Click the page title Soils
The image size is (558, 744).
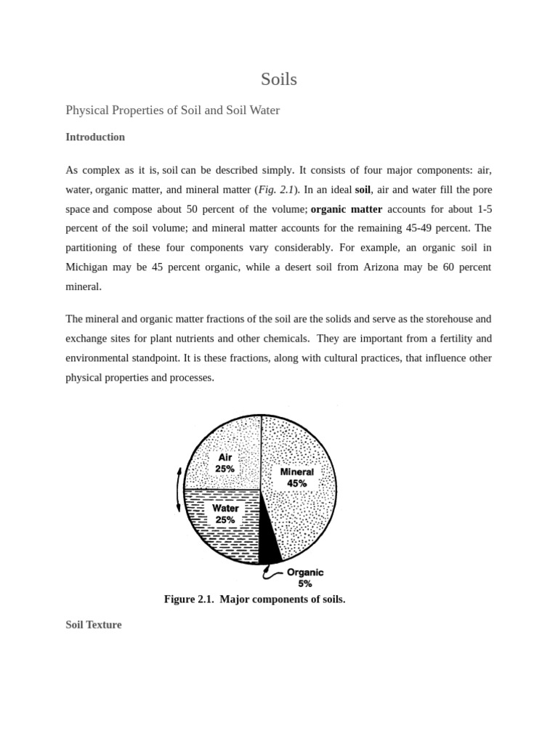pyautogui.click(x=279, y=79)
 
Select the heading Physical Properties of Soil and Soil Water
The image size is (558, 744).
pyautogui.click(x=172, y=110)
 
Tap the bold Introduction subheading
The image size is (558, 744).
pyautogui.click(x=95, y=137)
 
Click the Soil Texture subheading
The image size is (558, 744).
pyautogui.click(x=94, y=624)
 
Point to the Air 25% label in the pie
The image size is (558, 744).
pyautogui.click(x=225, y=463)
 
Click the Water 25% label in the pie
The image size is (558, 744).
pyautogui.click(x=225, y=514)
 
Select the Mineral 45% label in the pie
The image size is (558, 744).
pyautogui.click(x=296, y=477)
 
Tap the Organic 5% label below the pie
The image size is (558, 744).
pyautogui.click(x=305, y=578)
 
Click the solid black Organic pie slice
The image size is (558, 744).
pyautogui.click(x=268, y=541)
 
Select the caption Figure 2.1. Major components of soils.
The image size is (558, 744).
pyautogui.click(x=254, y=599)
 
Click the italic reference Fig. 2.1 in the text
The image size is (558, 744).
pyautogui.click(x=277, y=190)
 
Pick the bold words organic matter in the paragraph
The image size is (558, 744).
pyautogui.click(x=346, y=209)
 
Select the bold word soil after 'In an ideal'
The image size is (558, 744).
pyautogui.click(x=363, y=190)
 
